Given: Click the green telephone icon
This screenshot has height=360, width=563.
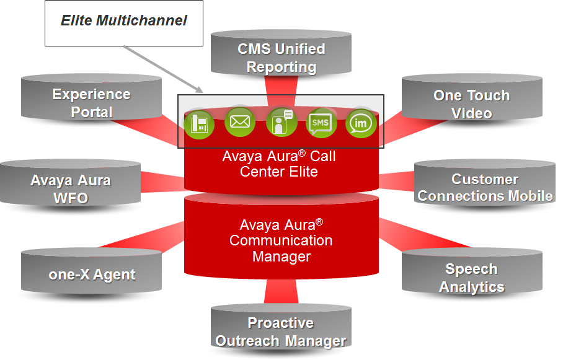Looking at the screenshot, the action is coord(199,124).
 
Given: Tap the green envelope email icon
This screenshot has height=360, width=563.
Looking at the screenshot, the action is coord(240,121).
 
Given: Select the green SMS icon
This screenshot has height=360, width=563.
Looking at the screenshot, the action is coord(321,123).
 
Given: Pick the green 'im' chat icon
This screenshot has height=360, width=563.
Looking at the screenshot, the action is coord(361,123).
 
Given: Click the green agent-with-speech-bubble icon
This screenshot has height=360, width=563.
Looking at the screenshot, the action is coord(281,122).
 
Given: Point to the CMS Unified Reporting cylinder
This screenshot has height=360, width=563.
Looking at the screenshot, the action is coord(281,53).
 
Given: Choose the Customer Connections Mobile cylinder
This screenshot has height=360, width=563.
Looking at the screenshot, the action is coord(485,182).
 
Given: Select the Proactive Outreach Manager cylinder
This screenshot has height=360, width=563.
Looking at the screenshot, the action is coord(281,326).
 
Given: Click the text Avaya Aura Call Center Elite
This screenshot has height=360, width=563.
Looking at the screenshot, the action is coord(279,164).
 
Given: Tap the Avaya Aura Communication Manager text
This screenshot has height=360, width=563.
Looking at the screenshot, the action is coord(281,240).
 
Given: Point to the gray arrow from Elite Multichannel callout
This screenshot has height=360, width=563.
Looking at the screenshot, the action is coord(163,69).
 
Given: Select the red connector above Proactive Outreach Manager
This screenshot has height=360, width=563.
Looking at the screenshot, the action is coord(281,291).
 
